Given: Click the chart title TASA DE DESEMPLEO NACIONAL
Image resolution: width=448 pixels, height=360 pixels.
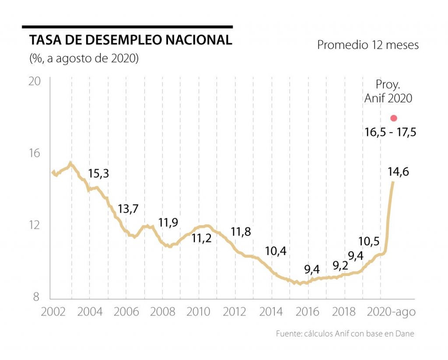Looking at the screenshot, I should pos(130,40).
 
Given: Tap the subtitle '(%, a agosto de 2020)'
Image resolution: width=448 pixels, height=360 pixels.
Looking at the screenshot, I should pos(84,58).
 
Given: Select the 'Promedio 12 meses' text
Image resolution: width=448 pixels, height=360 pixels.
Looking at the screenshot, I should pos(368,45).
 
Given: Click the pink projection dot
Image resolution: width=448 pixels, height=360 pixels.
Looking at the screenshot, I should pos(394,118).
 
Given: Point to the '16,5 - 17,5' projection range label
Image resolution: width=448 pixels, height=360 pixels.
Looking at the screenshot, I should pos(390,131).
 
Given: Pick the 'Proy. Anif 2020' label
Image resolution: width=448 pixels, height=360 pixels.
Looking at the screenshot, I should pos(388,91).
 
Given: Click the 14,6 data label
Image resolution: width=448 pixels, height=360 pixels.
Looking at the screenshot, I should pos(398,172).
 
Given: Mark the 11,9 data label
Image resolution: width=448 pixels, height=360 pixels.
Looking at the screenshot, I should pos(168,223).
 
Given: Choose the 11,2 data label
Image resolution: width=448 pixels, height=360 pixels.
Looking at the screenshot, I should pos(202,238).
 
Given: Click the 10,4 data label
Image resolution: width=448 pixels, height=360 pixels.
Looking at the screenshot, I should pos(276,251).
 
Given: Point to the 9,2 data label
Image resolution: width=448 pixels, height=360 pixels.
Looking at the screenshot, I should pos(340,265).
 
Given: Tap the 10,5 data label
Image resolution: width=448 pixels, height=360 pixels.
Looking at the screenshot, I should pos(368,241).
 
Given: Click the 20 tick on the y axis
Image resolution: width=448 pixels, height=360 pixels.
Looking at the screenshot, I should pos(35,82).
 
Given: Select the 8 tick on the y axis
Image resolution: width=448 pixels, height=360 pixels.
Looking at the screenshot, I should pos(36,297).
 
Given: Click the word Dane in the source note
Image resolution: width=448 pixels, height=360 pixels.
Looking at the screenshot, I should pos(404,334).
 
